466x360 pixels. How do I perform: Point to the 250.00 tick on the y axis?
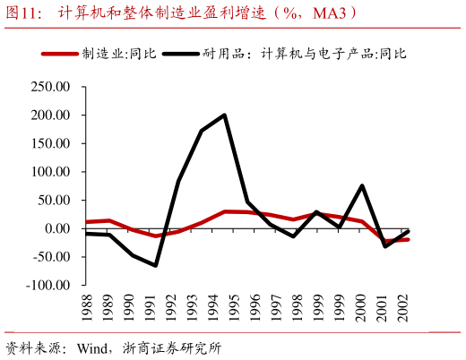pos(50,88)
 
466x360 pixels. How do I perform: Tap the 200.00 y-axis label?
pos(50,116)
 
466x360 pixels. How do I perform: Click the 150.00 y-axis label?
pos(50,144)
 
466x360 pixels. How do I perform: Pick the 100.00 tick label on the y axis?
pos(50,172)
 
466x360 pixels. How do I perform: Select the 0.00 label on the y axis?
pos(56,228)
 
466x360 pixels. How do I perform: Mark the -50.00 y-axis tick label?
pos(50,257)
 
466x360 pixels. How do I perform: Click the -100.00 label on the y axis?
pos(47,285)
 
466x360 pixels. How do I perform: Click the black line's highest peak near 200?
pos(224,115)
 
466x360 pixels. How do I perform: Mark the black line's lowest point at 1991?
pos(155,265)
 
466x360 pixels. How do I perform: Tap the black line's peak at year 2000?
pos(361,185)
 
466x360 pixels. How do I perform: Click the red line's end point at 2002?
pos(409,239)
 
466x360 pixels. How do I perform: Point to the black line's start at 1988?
pos(86,233)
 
